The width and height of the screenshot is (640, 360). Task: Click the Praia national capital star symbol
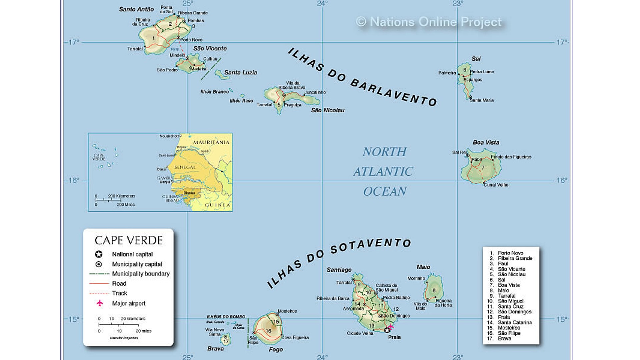point(387,330)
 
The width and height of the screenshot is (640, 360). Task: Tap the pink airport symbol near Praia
point(391,326)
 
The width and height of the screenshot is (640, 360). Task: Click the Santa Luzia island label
point(240,72)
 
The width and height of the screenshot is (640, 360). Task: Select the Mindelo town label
point(177,55)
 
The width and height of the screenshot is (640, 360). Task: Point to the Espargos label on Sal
point(473,80)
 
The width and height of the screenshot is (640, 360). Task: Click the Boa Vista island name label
point(486,142)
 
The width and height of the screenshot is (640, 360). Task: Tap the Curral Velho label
point(496,185)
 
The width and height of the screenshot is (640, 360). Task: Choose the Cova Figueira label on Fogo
point(295,338)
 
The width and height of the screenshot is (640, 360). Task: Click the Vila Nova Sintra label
point(215,332)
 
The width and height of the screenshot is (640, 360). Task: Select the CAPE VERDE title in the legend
point(128,240)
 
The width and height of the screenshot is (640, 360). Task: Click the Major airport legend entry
point(129,303)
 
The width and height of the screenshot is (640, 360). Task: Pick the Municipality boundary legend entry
point(141,274)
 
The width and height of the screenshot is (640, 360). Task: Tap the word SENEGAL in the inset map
point(185,167)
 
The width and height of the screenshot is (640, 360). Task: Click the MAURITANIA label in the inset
point(211,142)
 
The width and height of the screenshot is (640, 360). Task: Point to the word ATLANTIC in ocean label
point(383,172)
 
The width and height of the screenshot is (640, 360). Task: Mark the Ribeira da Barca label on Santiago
point(333,299)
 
